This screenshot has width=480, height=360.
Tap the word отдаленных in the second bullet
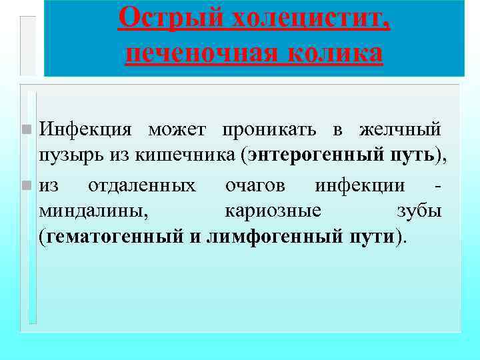pyautogui.click(x=142, y=184)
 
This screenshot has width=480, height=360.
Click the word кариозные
pyautogui.click(x=273, y=211)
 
